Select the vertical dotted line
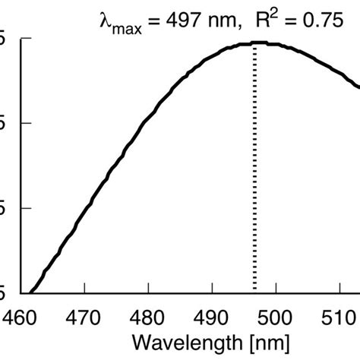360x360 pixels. (255, 167)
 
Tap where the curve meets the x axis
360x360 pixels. (32, 292)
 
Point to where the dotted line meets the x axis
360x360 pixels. (255, 292)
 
